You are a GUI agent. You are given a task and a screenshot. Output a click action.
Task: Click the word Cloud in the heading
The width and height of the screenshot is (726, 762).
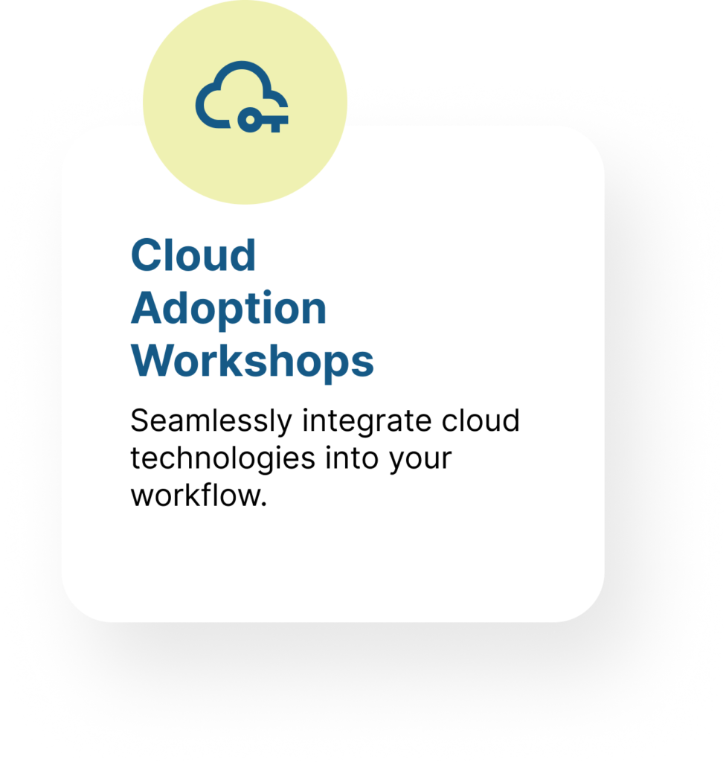click(x=193, y=255)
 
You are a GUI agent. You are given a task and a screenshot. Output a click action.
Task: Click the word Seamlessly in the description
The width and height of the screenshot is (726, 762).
click(x=211, y=422)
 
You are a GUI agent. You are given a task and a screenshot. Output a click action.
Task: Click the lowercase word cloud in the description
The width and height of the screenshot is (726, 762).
click(x=481, y=420)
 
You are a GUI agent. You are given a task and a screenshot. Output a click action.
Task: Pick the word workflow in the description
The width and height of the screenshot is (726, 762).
click(x=196, y=496)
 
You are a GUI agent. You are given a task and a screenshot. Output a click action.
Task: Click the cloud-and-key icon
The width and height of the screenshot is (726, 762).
click(x=242, y=97)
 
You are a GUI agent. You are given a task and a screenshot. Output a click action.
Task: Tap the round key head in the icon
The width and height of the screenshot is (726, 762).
click(x=250, y=120)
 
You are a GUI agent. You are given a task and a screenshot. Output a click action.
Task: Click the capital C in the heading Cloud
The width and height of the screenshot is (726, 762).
click(x=147, y=255)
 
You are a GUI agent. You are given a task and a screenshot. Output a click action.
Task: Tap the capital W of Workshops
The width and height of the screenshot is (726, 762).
click(x=155, y=360)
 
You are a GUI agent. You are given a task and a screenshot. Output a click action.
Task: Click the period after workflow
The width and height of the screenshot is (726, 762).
click(x=264, y=505)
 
